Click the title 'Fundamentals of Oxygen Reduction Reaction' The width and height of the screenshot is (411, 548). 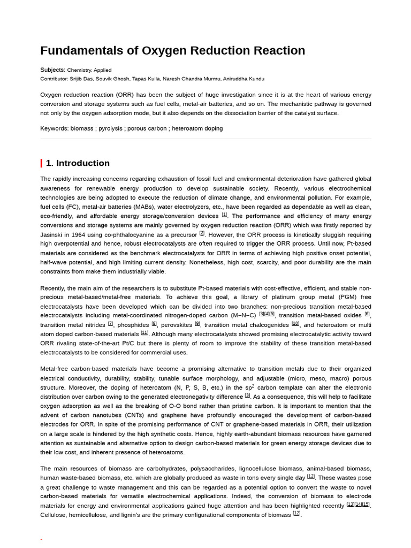pos(172,50)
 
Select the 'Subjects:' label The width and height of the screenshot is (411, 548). pos(52,70)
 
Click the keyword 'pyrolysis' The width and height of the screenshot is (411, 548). pos(111,128)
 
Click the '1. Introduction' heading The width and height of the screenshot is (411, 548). pos(78,163)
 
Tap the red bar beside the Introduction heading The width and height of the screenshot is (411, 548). pos(41,163)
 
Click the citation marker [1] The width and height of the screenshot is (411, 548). pos(224,215)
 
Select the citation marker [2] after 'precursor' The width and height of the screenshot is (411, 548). pos(202,233)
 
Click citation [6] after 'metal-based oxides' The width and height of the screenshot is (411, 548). pos(367,314)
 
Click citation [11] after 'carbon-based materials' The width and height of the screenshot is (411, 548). pos(144,333)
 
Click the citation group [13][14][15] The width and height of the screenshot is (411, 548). pos(358,504)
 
